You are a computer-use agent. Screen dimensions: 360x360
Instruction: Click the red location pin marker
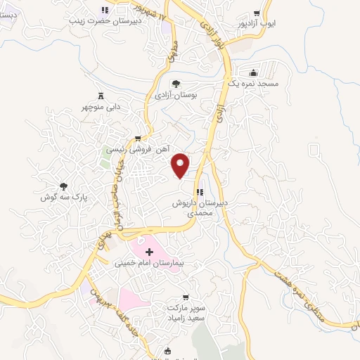click(181, 165)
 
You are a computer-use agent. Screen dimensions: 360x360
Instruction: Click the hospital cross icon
click(148, 252)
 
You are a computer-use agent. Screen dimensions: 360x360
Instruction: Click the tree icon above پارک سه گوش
click(63, 186)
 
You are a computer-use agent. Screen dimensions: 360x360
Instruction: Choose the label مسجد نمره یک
click(257, 84)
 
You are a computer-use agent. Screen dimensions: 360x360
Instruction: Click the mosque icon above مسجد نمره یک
click(254, 72)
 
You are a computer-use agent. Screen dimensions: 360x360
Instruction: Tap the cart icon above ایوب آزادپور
click(257, 13)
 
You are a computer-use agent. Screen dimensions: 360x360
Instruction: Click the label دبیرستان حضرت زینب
click(105, 21)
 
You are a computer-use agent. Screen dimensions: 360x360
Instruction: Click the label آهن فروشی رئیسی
click(138, 149)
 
